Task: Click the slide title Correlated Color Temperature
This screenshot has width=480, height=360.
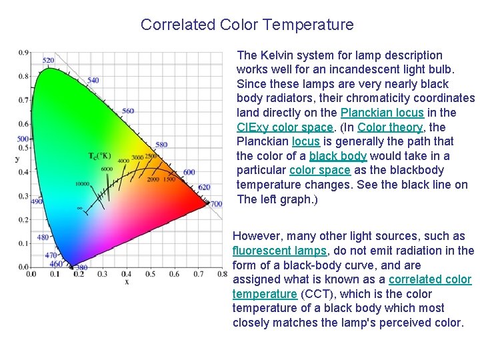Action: [x=247, y=25]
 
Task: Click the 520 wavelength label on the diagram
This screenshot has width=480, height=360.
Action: [x=48, y=61]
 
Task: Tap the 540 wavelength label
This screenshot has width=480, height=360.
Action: [x=93, y=81]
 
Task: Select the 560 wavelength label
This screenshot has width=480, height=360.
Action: [x=128, y=111]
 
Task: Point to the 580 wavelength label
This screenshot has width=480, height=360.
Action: [x=161, y=145]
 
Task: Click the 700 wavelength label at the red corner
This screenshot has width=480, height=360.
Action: [x=216, y=203]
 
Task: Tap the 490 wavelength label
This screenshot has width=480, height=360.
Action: [x=37, y=201]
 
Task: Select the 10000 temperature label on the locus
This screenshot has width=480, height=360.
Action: [x=82, y=183]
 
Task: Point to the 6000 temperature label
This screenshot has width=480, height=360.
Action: [x=107, y=169]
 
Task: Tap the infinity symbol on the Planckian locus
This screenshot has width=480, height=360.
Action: [x=80, y=208]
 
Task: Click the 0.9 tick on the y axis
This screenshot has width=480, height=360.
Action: [x=23, y=52]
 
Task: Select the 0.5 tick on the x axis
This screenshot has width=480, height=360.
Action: [x=150, y=274]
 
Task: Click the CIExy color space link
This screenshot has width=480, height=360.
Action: [x=285, y=127]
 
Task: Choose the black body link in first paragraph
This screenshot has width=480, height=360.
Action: [x=338, y=156]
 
